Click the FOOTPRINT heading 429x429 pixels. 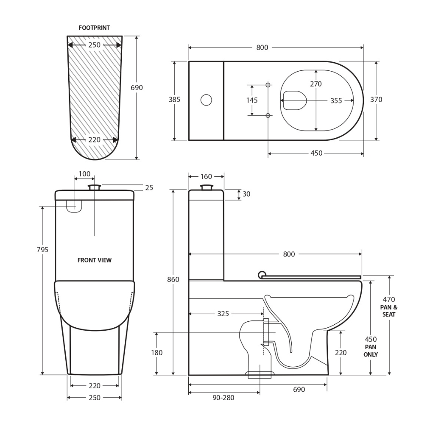tap(94, 28)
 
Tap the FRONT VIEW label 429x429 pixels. tap(94, 260)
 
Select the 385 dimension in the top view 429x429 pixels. tap(174, 100)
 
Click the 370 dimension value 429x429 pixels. tap(376, 100)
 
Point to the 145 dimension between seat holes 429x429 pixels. tap(252, 100)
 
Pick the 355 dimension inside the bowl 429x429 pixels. tap(336, 101)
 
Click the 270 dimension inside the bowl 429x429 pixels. tap(316, 84)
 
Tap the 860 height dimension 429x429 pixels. tap(173, 279)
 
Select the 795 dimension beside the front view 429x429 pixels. tap(42, 250)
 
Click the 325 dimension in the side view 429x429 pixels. tap(223, 314)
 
